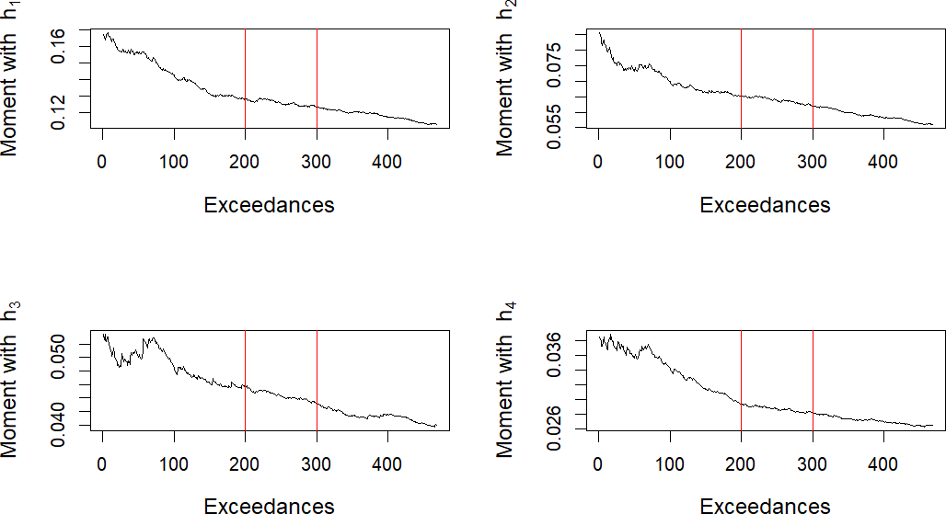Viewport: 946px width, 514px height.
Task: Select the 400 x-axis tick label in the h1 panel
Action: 386,162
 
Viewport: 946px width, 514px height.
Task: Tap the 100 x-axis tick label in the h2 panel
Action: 669,162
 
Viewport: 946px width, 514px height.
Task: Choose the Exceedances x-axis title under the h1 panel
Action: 269,205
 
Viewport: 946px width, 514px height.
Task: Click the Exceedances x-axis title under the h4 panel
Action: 765,505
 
